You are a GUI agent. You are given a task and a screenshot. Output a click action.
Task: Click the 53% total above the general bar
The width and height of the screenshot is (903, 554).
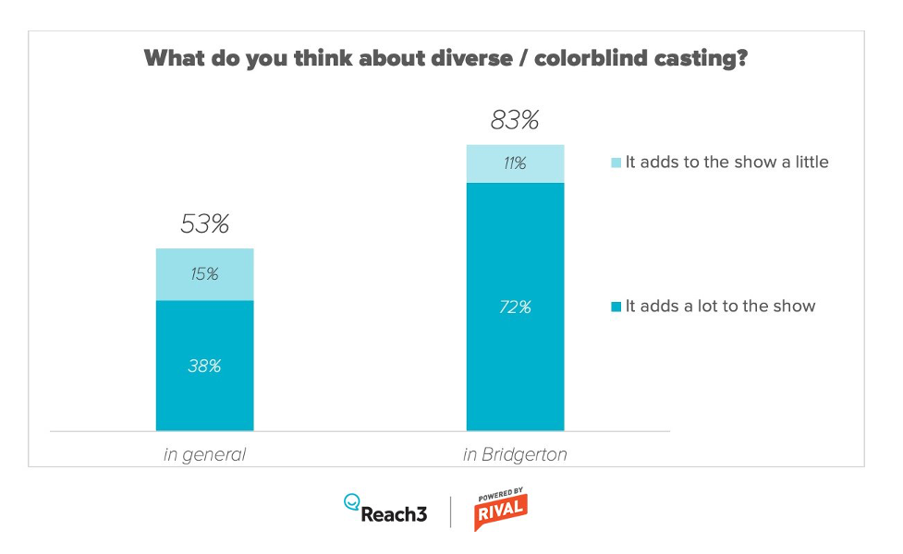click(x=204, y=223)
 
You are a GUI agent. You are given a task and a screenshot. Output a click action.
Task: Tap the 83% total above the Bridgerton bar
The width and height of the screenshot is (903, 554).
click(x=515, y=120)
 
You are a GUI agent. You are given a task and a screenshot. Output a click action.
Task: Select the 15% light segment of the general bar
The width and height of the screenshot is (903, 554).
click(x=204, y=274)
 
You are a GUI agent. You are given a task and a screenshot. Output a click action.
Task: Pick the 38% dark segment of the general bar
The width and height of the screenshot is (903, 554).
click(x=204, y=366)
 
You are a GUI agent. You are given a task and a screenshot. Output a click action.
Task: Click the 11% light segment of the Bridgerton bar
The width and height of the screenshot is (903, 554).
click(x=515, y=163)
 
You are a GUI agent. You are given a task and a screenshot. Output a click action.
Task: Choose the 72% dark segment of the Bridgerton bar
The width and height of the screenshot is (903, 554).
click(x=515, y=307)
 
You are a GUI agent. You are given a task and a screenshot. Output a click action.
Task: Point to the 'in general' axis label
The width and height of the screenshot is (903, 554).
click(x=204, y=454)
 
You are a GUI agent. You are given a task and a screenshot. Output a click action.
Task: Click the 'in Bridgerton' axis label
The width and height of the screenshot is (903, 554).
click(x=515, y=454)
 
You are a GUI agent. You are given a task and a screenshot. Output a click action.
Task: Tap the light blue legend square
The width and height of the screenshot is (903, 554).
click(x=616, y=163)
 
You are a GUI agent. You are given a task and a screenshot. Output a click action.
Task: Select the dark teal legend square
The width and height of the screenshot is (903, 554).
click(x=616, y=306)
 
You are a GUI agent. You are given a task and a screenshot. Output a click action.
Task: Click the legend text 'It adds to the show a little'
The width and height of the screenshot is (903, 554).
click(x=726, y=162)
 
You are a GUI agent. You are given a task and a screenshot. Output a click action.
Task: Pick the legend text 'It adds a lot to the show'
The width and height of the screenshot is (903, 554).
click(x=720, y=306)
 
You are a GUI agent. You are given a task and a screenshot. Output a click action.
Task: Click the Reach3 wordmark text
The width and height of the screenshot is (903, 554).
click(x=395, y=514)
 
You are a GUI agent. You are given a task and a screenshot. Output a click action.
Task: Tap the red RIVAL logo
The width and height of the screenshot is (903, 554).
click(x=500, y=512)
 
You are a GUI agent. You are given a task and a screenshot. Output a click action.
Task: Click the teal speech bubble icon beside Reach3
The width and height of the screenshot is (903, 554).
click(x=351, y=502)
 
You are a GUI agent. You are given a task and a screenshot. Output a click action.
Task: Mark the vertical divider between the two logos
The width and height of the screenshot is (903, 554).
click(x=451, y=512)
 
